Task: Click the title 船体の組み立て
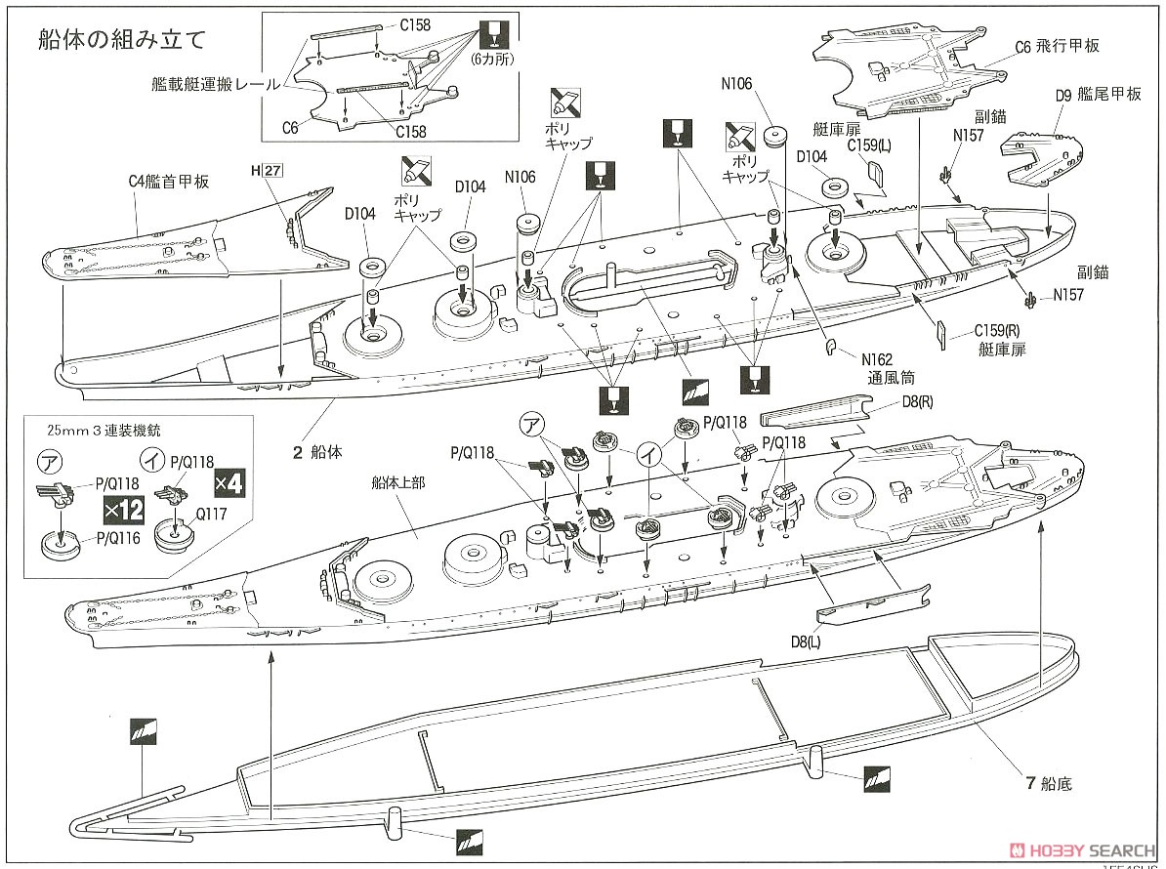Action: tap(122, 40)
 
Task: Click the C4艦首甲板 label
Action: tap(169, 181)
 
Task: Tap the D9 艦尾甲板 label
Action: tap(1098, 95)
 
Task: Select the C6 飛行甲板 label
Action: tap(1057, 46)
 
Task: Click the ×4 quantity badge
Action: tap(229, 481)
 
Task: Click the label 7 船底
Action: tap(1049, 784)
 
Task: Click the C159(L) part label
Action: tap(868, 145)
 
